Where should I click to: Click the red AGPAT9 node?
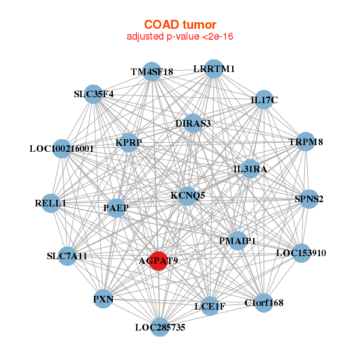tap(158, 260)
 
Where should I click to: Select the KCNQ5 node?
tap(188, 196)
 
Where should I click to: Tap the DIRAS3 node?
tap(193, 123)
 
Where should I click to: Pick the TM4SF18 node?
tap(152, 71)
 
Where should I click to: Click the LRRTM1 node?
tap(214, 69)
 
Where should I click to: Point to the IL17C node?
tap(264, 100)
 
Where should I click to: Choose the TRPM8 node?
tap(305, 142)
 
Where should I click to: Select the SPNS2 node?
tap(309, 199)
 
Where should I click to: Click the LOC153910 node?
tap(301, 253)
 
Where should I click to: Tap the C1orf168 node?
tap(264, 303)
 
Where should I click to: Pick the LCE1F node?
tap(210, 306)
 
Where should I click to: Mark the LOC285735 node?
tap(160, 327)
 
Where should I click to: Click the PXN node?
tap(103, 299)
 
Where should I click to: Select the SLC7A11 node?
tap(67, 256)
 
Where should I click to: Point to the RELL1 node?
tap(50, 203)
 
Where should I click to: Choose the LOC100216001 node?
tap(62, 149)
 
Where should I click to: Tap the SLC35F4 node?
tap(94, 94)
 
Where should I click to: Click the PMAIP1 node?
tap(238, 241)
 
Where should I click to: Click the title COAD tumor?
tap(180, 25)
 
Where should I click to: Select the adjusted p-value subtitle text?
tap(180, 37)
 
